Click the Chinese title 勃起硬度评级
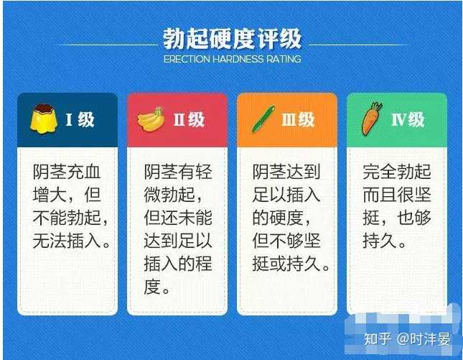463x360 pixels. (232, 39)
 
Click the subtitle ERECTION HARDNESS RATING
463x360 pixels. (232, 59)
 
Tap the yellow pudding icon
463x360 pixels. (44, 119)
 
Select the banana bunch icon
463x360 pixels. (151, 119)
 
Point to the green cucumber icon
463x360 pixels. (263, 119)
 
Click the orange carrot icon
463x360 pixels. (372, 119)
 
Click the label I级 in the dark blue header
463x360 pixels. (80, 120)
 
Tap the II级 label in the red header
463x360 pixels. (189, 120)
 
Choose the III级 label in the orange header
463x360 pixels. (298, 120)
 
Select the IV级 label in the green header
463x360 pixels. (408, 120)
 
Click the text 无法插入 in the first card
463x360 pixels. (67, 240)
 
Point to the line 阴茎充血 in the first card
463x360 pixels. (67, 172)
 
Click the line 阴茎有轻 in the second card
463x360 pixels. (178, 172)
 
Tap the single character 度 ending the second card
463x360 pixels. (152, 287)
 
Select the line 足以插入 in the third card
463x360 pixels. (286, 195)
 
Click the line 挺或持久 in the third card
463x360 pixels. (286, 263)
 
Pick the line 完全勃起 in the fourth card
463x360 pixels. (396, 172)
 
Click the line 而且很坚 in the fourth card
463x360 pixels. (396, 195)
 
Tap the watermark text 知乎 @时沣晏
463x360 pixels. (407, 338)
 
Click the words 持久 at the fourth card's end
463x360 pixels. (380, 240)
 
